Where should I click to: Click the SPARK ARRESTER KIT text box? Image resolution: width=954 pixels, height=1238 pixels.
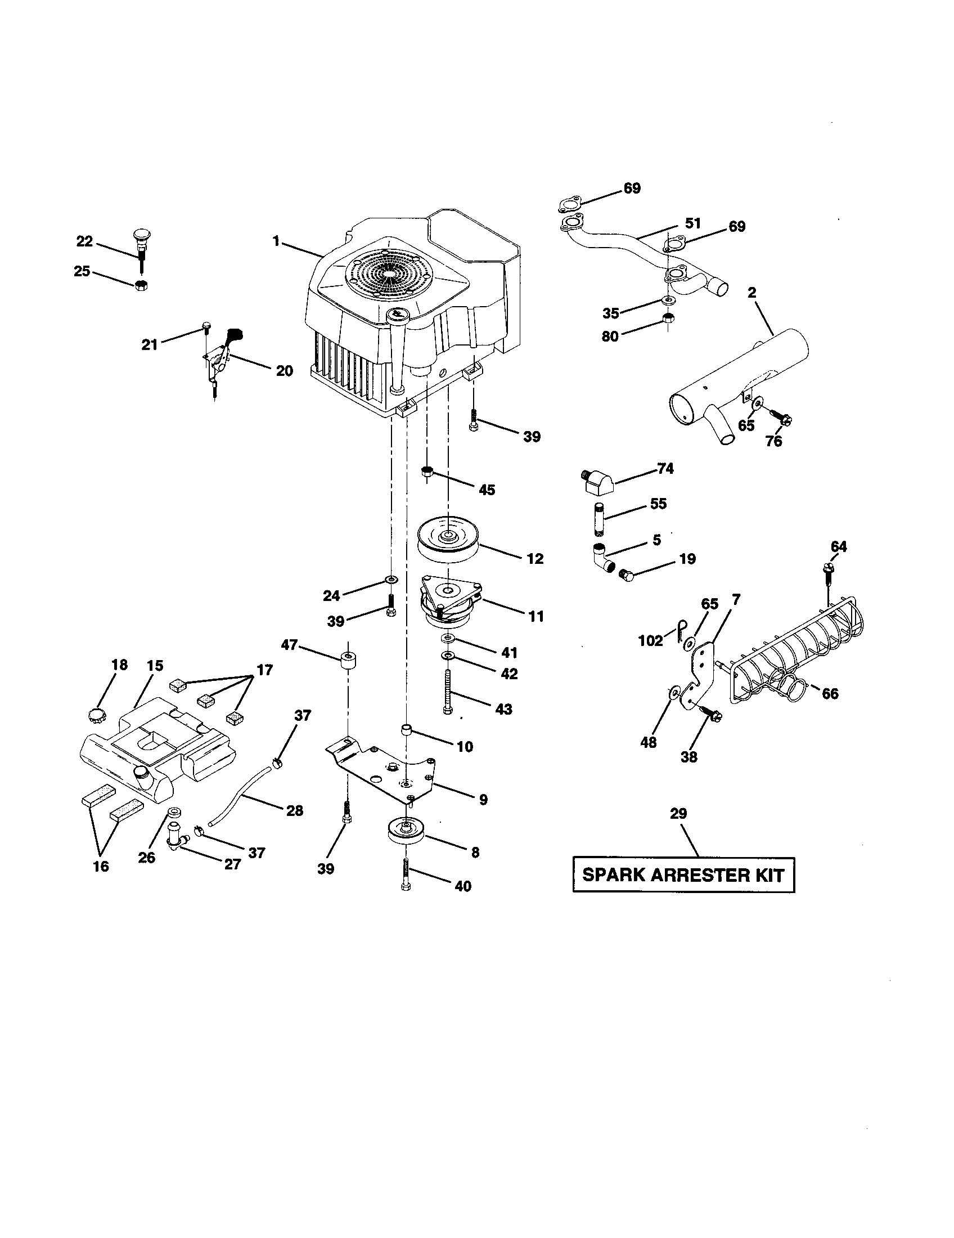pos(683,874)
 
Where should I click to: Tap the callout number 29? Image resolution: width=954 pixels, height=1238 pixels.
pos(678,814)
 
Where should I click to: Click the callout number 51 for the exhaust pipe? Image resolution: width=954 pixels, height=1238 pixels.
pos(693,223)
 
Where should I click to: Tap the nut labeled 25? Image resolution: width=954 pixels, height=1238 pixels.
pos(142,285)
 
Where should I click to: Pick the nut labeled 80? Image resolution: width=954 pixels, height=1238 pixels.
pos(667,318)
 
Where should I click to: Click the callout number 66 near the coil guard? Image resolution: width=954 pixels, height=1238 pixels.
pos(829,693)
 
